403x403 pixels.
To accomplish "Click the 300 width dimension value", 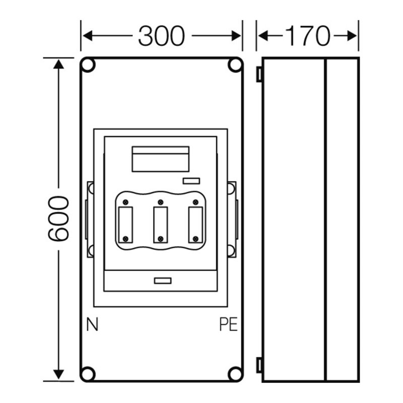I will pos(162,36).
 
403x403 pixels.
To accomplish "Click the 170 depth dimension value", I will pos(307,36).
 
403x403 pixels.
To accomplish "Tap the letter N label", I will pos(92,325).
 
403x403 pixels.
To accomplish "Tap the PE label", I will pos(228,325).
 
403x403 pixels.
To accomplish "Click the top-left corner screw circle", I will pos(88,65).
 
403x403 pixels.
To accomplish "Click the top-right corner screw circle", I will pos(234,65).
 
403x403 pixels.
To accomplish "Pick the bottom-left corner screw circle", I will pos(88,373).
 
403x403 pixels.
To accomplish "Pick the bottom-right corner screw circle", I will pos(234,373).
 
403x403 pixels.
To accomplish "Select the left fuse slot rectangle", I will pos(125,220).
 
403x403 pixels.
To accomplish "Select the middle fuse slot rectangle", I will pos(160,220).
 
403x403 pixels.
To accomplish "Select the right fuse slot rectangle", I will pos(195,220).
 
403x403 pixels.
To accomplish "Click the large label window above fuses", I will pos(160,159).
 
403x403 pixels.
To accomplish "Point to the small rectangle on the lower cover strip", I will pos(163,281).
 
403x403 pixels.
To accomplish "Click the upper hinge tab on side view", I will pos(259,75).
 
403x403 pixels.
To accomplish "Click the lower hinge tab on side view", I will pos(259,365).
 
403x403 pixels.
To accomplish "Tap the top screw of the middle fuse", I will pos(160,202).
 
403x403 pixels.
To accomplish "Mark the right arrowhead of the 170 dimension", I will pos(354,36).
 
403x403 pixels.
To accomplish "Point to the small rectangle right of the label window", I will pos(191,181).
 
